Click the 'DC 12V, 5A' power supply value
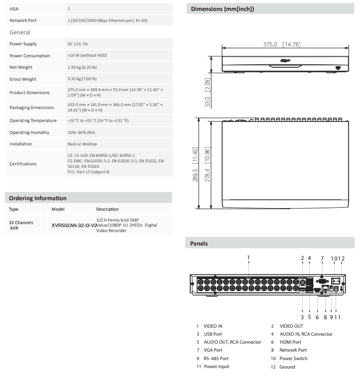pos(78,44)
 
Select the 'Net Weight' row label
pos(21,67)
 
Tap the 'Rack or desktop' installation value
pos(82,144)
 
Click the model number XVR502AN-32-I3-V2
pos(74,226)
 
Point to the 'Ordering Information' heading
pos(37,198)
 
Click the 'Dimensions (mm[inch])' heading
pos(223,9)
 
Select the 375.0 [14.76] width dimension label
pos(282,44)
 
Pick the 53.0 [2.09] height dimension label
pos(207,92)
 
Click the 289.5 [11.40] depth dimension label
pos(195,164)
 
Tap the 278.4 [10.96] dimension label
pos(207,164)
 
